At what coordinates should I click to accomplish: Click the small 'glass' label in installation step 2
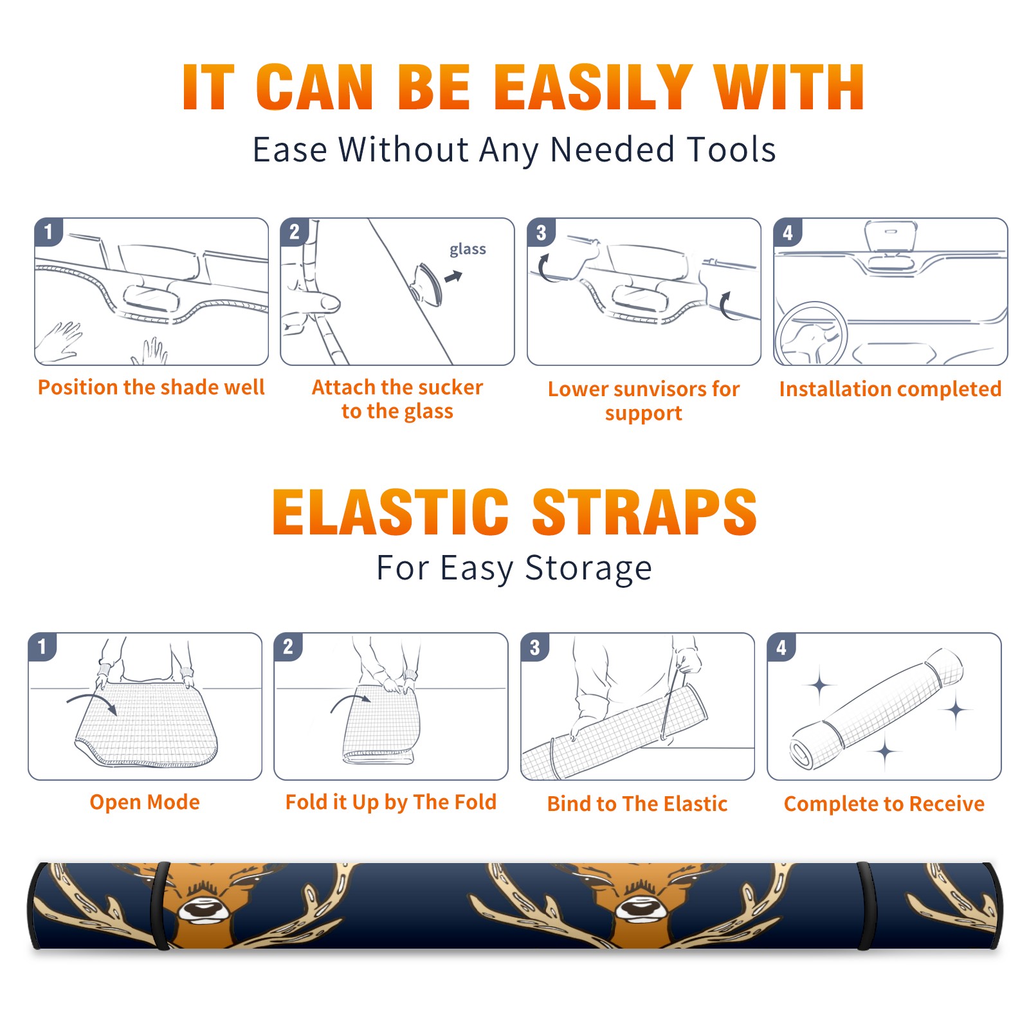468,250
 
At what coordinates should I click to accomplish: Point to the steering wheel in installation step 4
811,334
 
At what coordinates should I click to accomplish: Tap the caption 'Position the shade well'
151,388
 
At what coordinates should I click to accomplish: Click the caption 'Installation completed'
890,389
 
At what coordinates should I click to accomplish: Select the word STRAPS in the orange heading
644,512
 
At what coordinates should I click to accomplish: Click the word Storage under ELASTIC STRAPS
588,569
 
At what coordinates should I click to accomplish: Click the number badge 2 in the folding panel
288,646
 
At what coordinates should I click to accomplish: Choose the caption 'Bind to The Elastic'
637,804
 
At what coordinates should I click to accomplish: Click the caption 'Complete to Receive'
884,804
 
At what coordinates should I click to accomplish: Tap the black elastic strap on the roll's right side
865,906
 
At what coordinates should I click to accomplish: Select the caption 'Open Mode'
145,802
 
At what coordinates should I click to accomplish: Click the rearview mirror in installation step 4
891,237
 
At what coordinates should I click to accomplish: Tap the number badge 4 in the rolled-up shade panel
781,647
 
